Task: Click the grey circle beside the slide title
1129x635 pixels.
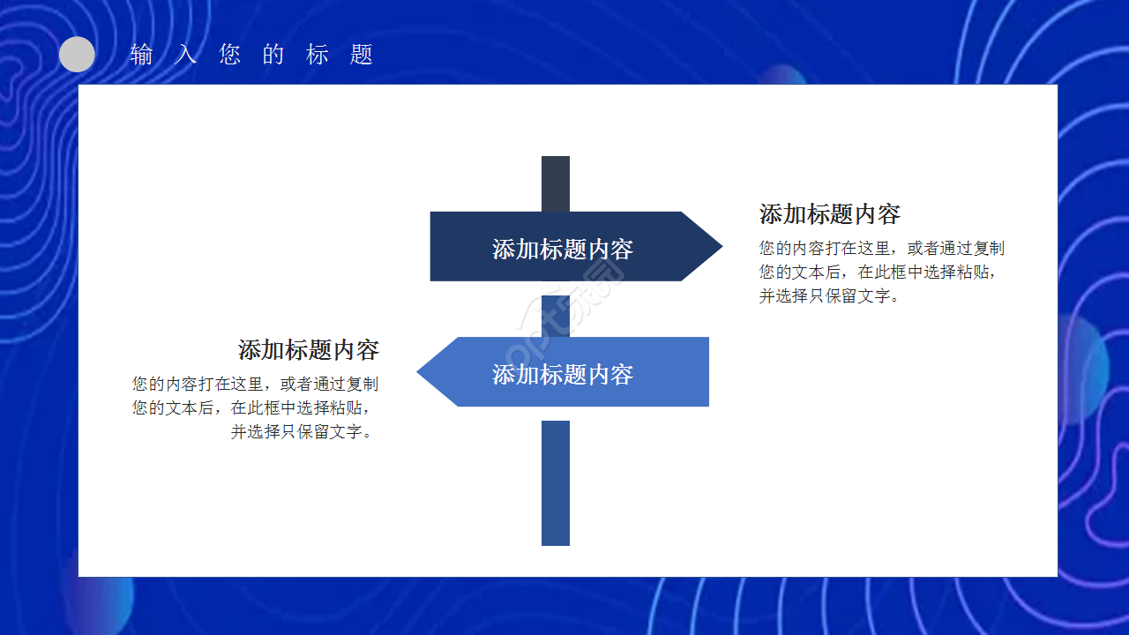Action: [77, 55]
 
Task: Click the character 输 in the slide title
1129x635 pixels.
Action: [141, 55]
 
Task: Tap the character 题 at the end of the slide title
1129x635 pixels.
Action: [362, 55]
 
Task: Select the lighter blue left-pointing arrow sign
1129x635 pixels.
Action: [573, 371]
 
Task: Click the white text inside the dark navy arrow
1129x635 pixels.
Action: [563, 250]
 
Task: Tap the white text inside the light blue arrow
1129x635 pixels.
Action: [563, 375]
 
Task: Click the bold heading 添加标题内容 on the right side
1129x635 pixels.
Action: [829, 214]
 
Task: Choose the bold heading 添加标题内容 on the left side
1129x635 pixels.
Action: [309, 350]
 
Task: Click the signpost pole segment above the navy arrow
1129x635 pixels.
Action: [556, 183]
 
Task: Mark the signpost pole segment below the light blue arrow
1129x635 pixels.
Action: [556, 482]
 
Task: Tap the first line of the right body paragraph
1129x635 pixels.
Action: [881, 249]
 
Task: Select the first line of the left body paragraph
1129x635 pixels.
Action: [256, 385]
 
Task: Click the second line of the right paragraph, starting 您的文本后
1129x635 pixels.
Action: [881, 273]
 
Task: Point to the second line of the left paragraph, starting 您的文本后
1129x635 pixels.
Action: [256, 408]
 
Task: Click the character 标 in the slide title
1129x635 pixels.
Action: [318, 55]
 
